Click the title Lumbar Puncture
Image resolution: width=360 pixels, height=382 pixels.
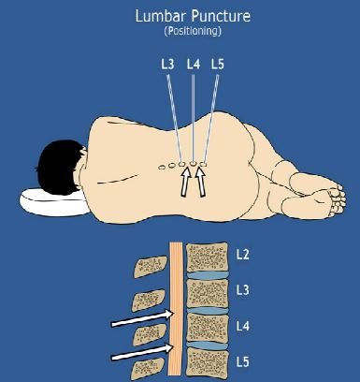(193, 16)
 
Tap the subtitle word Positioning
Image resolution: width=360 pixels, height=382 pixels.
(193, 31)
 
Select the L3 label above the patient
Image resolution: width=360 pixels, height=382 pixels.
(167, 65)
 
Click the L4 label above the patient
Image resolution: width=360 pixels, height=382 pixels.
(194, 65)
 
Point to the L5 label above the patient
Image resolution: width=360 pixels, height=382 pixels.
(218, 65)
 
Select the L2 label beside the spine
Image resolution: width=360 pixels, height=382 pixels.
(242, 255)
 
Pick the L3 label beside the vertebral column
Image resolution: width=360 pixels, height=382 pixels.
(242, 290)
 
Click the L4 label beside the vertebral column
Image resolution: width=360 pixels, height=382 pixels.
(242, 327)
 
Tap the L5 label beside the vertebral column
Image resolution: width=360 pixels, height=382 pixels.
(242, 362)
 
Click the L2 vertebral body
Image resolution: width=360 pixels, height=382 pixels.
(207, 257)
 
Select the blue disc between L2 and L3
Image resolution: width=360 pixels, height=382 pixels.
(207, 275)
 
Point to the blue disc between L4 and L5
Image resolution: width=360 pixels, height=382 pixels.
(207, 346)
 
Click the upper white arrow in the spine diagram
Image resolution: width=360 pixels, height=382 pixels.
(142, 318)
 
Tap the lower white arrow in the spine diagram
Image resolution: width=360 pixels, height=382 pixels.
(142, 352)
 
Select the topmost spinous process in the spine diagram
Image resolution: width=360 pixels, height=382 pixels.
(151, 267)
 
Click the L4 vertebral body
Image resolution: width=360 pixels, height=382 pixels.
(207, 328)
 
